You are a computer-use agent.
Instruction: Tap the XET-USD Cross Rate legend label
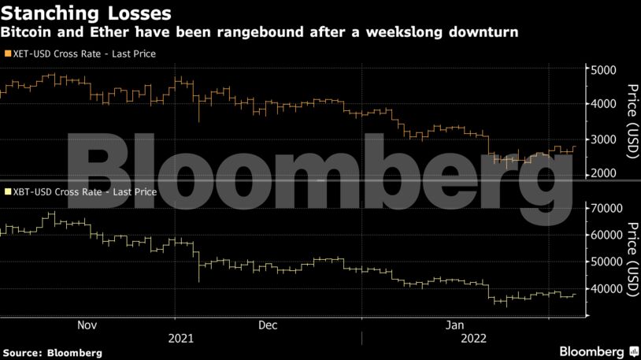tap(83, 54)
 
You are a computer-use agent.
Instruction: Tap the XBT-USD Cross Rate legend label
tap(83, 191)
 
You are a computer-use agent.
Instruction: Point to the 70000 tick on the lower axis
tap(609, 208)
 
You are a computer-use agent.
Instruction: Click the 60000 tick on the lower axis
tap(609, 235)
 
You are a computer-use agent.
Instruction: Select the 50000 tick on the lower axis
tap(609, 262)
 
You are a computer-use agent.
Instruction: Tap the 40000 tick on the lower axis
tap(609, 289)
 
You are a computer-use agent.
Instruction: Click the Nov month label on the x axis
tap(87, 325)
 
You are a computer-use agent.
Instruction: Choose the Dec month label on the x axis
tap(269, 325)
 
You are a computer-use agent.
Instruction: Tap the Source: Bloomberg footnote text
tap(52, 351)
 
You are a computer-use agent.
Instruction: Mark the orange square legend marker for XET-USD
tap(7, 54)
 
